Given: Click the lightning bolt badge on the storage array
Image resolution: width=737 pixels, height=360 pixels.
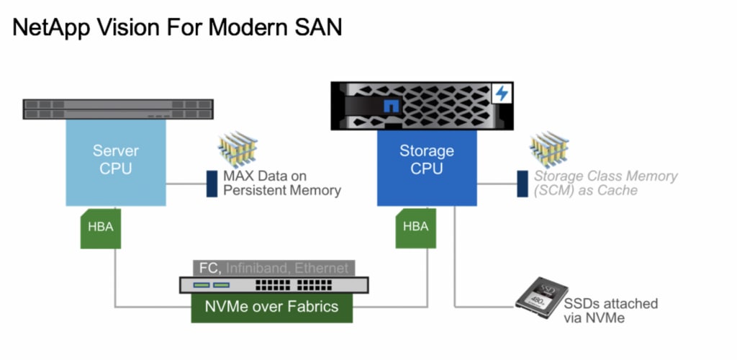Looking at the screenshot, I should pyautogui.click(x=501, y=94).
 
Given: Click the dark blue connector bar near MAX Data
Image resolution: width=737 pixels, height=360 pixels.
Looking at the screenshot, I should pyautogui.click(x=212, y=184).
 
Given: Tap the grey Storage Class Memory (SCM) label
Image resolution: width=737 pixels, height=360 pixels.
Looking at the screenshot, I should pyautogui.click(x=605, y=183).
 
